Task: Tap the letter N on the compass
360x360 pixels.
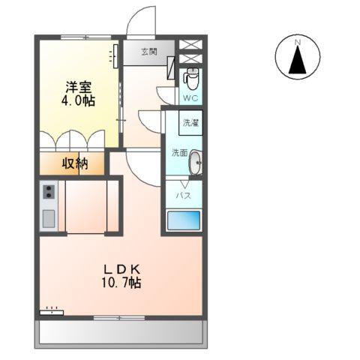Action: (298, 41)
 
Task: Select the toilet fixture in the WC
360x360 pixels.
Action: (191, 77)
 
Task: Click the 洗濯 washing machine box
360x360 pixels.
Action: (189, 121)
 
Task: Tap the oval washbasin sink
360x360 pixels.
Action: (195, 162)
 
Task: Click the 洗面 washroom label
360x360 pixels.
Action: (178, 152)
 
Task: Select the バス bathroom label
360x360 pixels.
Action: (183, 196)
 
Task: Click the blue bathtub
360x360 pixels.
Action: (182, 220)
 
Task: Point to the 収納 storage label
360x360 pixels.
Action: (75, 163)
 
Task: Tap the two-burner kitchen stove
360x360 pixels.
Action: (49, 192)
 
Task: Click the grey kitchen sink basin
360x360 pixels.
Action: (48, 218)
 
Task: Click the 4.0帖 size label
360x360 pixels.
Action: (78, 101)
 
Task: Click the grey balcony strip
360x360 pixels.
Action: (120, 331)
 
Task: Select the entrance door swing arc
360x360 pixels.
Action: (140, 21)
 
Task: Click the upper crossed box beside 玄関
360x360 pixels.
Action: (190, 43)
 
